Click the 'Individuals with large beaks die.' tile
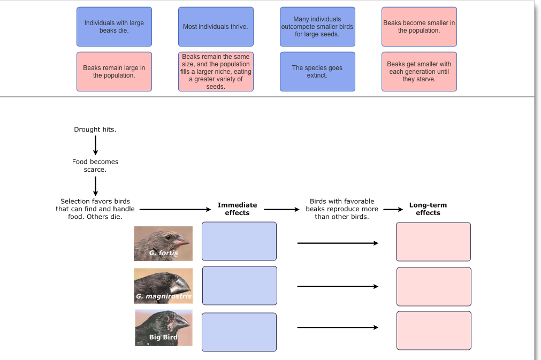coord(114,27)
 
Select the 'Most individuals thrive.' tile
coord(216,27)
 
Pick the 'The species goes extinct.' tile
coord(317,72)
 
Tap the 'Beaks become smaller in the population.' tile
coord(419,27)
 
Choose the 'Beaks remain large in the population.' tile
coord(114,72)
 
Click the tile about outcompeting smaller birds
coord(317,27)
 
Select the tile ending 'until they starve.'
coord(419,72)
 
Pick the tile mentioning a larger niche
coord(216,72)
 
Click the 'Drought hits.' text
coord(95,129)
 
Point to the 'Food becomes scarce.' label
coord(95,165)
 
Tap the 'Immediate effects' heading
coord(237,209)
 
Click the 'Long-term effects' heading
coord(428,209)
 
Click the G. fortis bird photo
coord(163,243)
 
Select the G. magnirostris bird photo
coord(163,286)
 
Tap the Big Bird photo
coord(163,327)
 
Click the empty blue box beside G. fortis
coord(239,241)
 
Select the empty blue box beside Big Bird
coord(239,332)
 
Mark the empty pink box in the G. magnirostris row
coord(433,287)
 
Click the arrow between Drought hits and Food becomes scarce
coord(95,145)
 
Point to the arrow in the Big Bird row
coord(338,327)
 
